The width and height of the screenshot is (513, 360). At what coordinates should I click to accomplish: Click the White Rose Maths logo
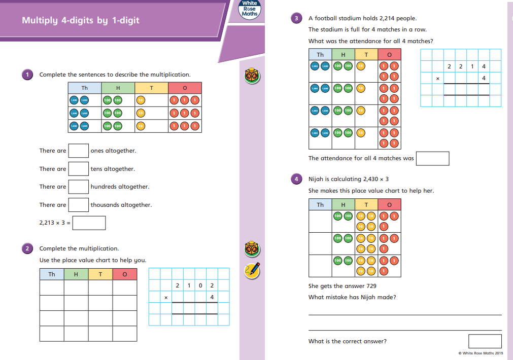250,9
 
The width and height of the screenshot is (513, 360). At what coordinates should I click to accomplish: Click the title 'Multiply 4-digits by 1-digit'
80,21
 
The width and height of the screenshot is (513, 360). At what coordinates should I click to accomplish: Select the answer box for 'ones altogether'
79,151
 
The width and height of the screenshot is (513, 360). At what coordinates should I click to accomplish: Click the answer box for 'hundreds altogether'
79,187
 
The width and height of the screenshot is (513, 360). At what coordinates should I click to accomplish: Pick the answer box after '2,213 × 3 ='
89,223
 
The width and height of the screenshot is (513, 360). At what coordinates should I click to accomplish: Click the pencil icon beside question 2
252,270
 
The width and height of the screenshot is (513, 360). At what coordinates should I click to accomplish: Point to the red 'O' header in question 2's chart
125,274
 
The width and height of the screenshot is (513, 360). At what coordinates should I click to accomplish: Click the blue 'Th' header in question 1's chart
85,88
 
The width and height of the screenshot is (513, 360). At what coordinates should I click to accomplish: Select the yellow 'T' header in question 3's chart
366,55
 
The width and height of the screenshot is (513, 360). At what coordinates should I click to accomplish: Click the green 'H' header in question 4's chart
344,204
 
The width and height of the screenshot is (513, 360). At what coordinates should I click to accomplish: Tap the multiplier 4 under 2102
212,297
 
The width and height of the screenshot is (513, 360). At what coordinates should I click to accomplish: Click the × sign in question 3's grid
437,79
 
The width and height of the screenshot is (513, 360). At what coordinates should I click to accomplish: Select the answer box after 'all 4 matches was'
432,158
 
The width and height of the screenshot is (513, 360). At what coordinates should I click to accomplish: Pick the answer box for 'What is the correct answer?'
485,341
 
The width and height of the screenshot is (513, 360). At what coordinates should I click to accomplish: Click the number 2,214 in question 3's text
388,18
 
